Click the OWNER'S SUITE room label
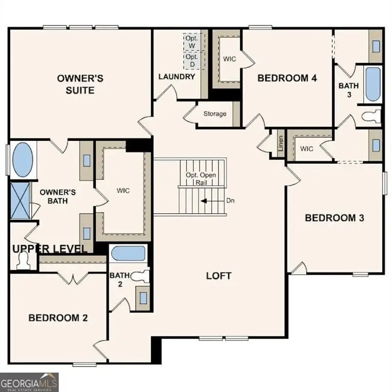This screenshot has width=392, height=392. point(80,84)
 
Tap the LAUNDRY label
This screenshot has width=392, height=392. point(177,77)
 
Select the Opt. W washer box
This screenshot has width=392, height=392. point(192,42)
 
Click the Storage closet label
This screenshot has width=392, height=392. point(214,114)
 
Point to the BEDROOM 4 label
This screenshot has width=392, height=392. point(287,78)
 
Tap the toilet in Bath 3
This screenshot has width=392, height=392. point(372,116)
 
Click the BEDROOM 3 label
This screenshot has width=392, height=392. point(334,218)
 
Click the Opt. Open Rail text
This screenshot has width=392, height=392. point(201,179)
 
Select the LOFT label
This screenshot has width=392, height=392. point(218,276)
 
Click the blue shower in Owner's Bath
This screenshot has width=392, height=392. point(21,200)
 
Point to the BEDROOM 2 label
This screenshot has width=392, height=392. point(58,317)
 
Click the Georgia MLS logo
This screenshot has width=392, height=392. point(30,382)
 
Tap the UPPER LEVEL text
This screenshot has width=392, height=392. point(50,249)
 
